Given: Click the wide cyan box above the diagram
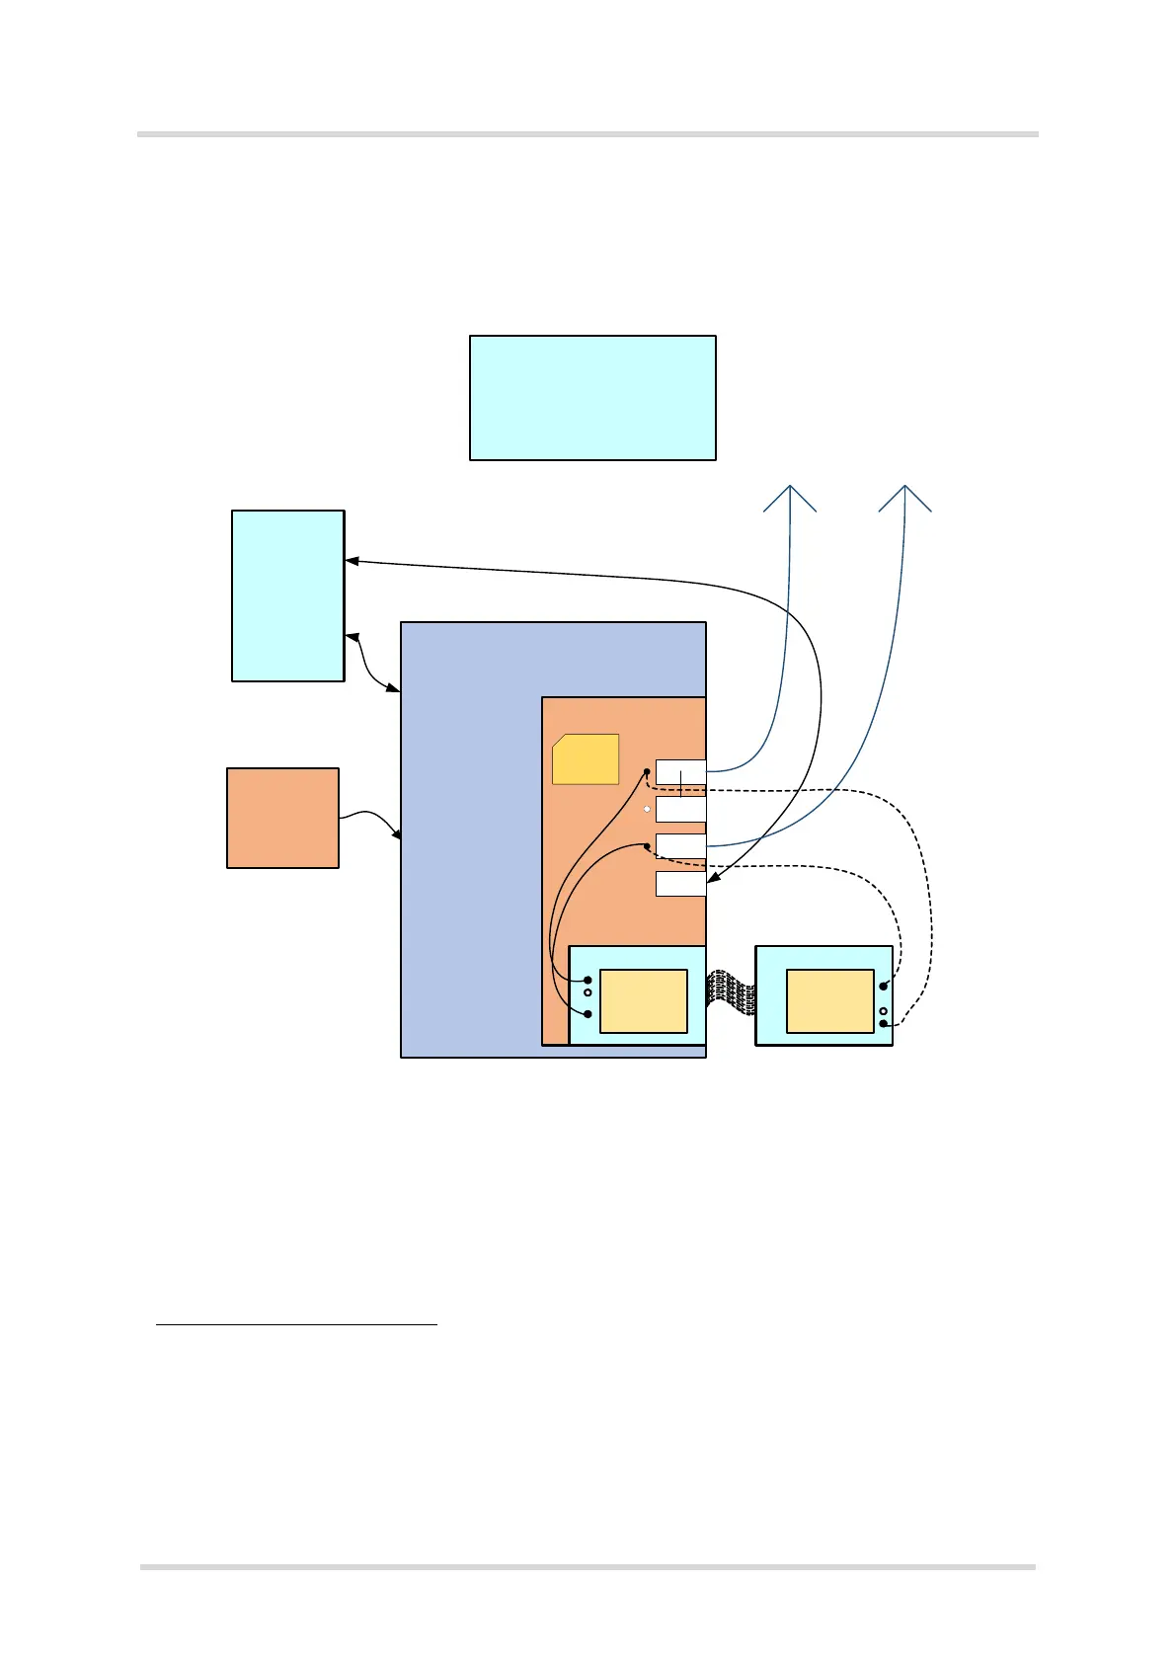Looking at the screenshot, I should point(592,397).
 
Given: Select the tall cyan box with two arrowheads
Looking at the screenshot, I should point(287,595).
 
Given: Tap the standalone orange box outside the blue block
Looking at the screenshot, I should point(282,818).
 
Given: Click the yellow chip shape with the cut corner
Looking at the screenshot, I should point(586,759).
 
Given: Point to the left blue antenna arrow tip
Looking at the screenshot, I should point(790,487).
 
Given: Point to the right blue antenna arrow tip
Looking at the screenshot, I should point(905,487).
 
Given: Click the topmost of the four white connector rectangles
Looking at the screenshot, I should point(680,772).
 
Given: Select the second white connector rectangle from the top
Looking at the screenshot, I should point(680,810).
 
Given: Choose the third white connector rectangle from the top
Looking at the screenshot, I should point(680,846).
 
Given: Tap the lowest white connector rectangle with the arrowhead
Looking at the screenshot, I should point(680,883).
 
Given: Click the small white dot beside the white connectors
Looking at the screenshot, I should point(647,809).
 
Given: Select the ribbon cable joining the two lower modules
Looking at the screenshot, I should point(731,992).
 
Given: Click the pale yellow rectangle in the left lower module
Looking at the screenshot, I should point(643,1000).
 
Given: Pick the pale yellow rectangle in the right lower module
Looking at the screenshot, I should point(829,1000).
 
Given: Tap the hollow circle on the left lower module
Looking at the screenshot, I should point(587,992).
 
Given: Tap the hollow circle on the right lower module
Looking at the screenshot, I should point(883,1011).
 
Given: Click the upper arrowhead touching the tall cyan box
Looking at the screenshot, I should point(351,562).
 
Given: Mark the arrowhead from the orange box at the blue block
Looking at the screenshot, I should point(397,835).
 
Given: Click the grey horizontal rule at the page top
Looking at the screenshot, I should point(587,133).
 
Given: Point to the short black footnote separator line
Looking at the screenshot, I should point(296,1324).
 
